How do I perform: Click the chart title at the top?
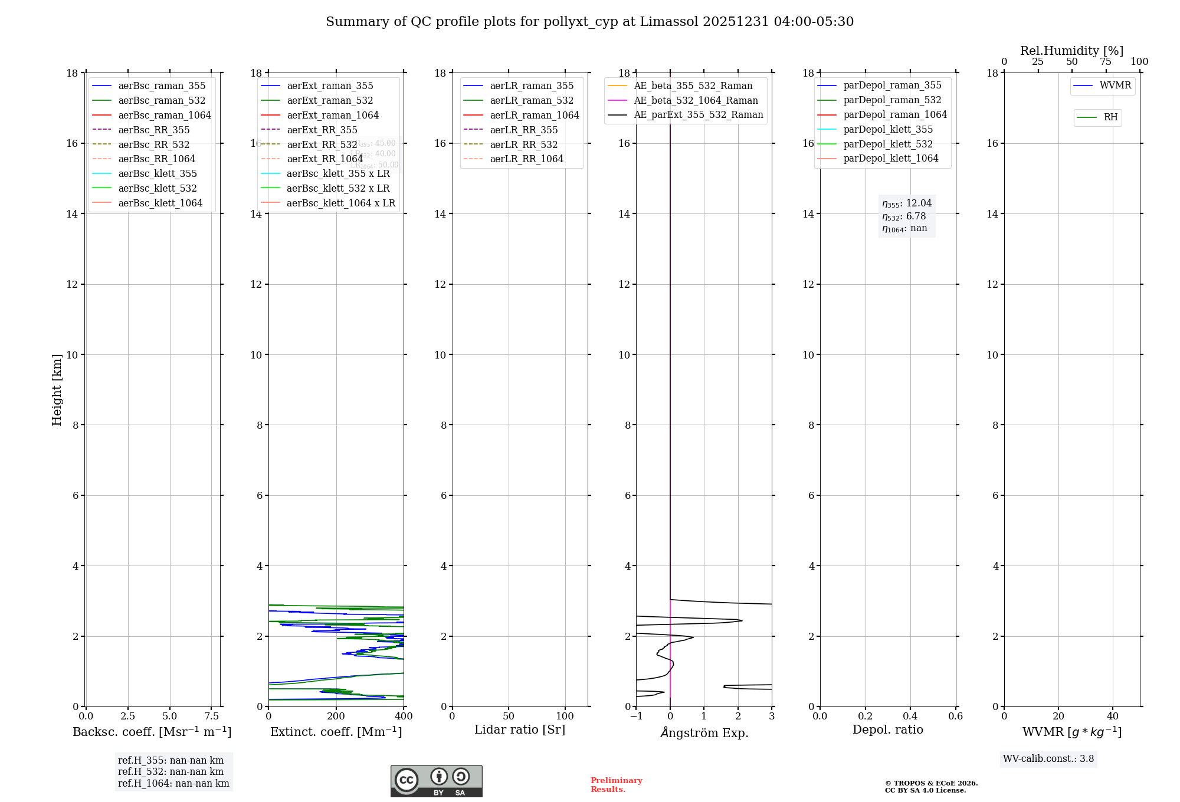click(x=589, y=22)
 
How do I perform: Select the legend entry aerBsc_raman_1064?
click(x=164, y=115)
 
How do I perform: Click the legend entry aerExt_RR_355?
click(x=322, y=130)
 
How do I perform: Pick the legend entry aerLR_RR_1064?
click(x=526, y=159)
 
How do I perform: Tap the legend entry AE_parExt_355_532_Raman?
click(x=698, y=114)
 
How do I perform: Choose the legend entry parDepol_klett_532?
click(x=888, y=144)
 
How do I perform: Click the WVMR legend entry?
click(x=1115, y=86)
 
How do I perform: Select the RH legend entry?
click(x=1110, y=117)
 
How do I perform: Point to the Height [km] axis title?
click(x=57, y=390)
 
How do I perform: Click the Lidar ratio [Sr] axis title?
click(x=519, y=729)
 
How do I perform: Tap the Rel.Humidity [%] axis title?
click(x=1071, y=51)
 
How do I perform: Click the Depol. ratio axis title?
click(x=887, y=729)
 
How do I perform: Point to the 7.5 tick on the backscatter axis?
click(x=212, y=716)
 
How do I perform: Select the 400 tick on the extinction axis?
click(x=404, y=716)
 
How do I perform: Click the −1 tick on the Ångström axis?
click(x=636, y=716)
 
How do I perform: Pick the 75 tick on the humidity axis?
click(x=1106, y=61)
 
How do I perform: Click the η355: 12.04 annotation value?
click(x=907, y=203)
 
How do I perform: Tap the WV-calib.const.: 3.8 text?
click(x=1048, y=759)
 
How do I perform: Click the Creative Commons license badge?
click(x=436, y=781)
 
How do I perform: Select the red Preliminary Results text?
click(x=616, y=785)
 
